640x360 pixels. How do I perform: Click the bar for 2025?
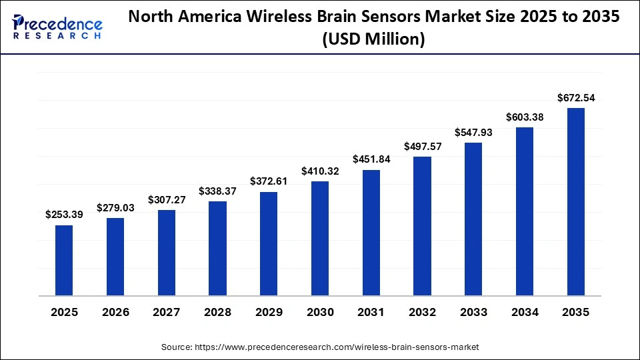(x=64, y=260)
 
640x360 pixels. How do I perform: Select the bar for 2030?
(x=320, y=238)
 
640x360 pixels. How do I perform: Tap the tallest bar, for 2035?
(x=576, y=201)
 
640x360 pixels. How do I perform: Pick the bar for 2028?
(x=217, y=248)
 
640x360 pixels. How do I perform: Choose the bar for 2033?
(x=473, y=219)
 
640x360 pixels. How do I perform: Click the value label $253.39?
(x=64, y=215)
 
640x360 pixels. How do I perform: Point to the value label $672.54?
(x=576, y=98)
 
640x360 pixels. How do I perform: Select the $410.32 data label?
(x=320, y=171)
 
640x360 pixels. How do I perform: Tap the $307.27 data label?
(x=167, y=199)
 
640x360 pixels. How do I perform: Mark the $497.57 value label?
(x=423, y=147)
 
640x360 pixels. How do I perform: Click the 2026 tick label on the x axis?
(x=115, y=311)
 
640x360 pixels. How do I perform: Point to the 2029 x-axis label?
(x=269, y=311)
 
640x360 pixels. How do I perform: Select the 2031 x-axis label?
(x=371, y=311)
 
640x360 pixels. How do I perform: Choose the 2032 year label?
(x=423, y=311)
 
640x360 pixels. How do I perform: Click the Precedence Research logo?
(x=57, y=27)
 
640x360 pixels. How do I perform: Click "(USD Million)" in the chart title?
(x=373, y=40)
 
